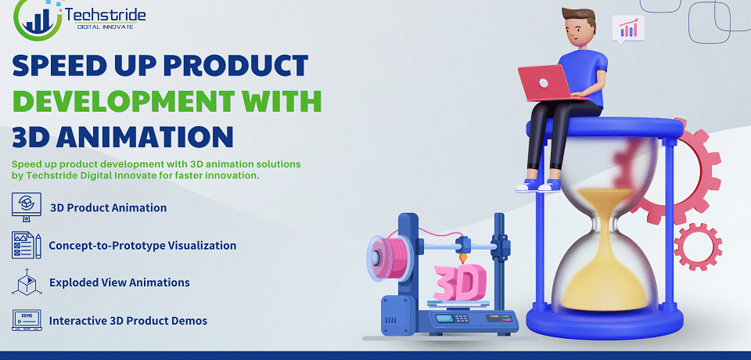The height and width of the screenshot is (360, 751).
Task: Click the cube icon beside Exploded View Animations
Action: pyautogui.click(x=27, y=282)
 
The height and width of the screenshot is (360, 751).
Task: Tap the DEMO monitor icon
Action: pyautogui.click(x=27, y=320)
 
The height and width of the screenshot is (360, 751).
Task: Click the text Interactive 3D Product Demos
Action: pyautogui.click(x=128, y=321)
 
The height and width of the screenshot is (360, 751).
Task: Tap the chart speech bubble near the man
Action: pyautogui.click(x=628, y=29)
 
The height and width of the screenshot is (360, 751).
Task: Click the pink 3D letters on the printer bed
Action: pyautogui.click(x=459, y=283)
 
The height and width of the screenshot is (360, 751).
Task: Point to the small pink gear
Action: pyautogui.click(x=698, y=247)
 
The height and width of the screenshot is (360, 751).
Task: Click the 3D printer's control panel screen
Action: pyautogui.click(x=444, y=319)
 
